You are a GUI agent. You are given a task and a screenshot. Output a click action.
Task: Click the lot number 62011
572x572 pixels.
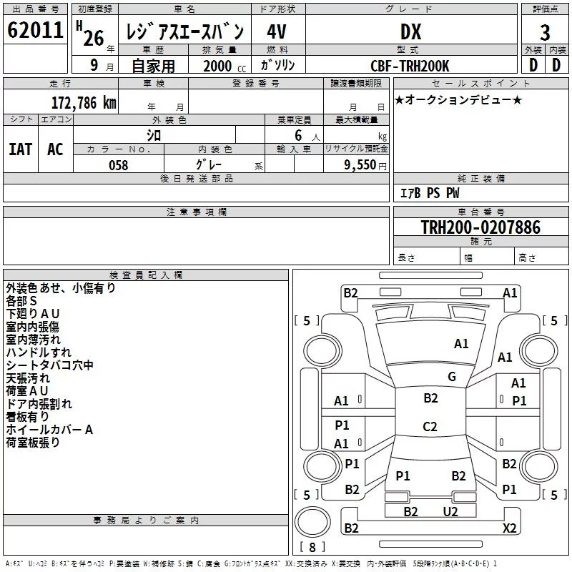point(35,29)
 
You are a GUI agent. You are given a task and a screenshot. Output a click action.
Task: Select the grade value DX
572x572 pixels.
point(410,31)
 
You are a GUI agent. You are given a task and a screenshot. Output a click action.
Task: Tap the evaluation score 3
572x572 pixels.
point(545,33)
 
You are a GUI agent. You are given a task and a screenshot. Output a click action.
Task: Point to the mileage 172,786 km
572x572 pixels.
point(84,103)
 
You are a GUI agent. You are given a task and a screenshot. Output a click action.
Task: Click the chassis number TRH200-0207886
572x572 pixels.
point(480,227)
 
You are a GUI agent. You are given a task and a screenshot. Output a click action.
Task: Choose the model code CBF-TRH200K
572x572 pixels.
point(410,66)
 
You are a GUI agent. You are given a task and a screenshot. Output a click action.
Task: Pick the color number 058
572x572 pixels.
point(119,165)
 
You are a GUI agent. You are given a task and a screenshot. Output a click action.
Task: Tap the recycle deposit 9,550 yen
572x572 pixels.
point(365,165)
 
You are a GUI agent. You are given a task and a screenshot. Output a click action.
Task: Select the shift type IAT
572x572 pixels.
point(21,149)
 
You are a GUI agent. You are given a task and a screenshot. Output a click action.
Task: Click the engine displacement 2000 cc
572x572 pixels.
point(225,66)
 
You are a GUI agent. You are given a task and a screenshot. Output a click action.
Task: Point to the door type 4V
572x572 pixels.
point(277,31)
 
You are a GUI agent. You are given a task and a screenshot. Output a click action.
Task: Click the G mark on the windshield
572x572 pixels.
point(452,376)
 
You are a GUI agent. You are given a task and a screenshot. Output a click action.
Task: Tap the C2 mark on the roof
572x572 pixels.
point(430,426)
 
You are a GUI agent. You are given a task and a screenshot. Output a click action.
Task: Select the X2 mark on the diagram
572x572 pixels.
point(509,528)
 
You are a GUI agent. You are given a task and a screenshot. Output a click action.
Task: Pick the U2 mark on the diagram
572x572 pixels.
point(450,511)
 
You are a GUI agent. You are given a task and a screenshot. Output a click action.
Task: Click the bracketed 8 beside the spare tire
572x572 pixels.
point(312,547)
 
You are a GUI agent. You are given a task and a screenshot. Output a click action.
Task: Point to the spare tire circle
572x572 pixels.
point(312,522)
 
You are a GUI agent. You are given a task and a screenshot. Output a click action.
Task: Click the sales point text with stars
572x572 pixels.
point(458,99)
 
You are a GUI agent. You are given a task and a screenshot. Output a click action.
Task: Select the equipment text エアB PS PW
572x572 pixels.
point(430,193)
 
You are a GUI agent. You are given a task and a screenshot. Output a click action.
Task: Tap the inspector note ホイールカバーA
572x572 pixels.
point(49,430)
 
